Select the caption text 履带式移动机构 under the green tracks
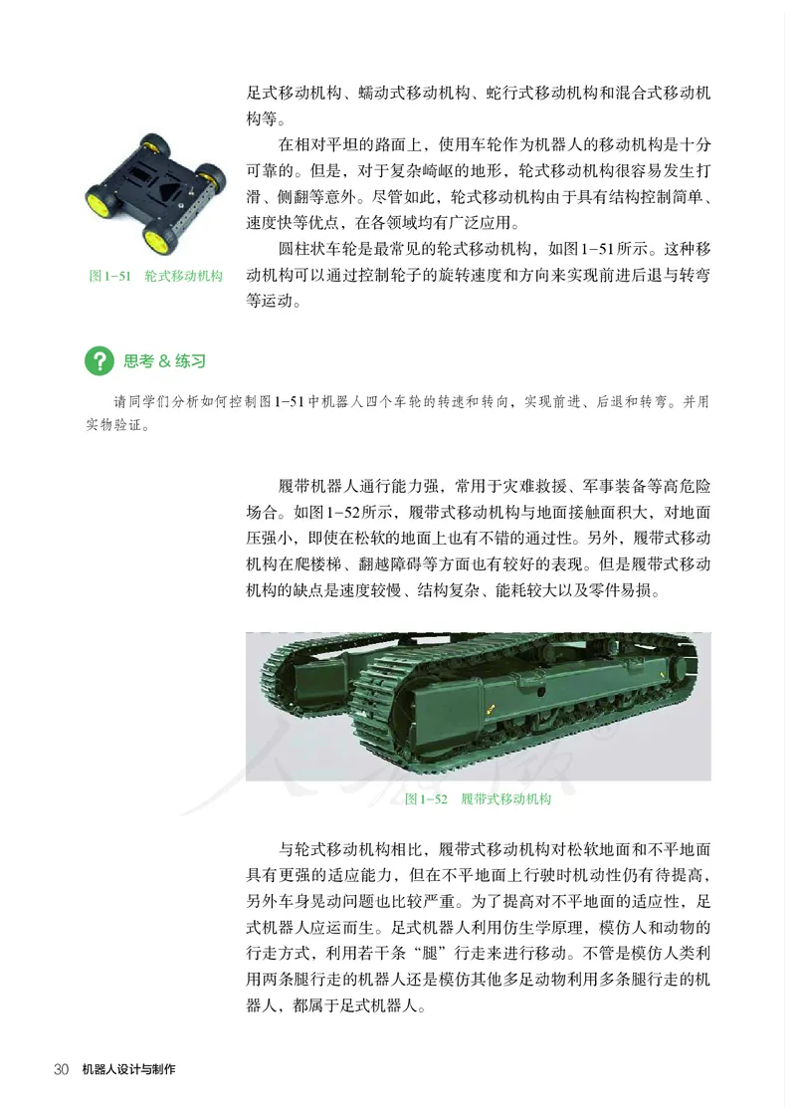coord(506,798)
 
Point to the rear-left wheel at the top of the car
coord(152,145)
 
